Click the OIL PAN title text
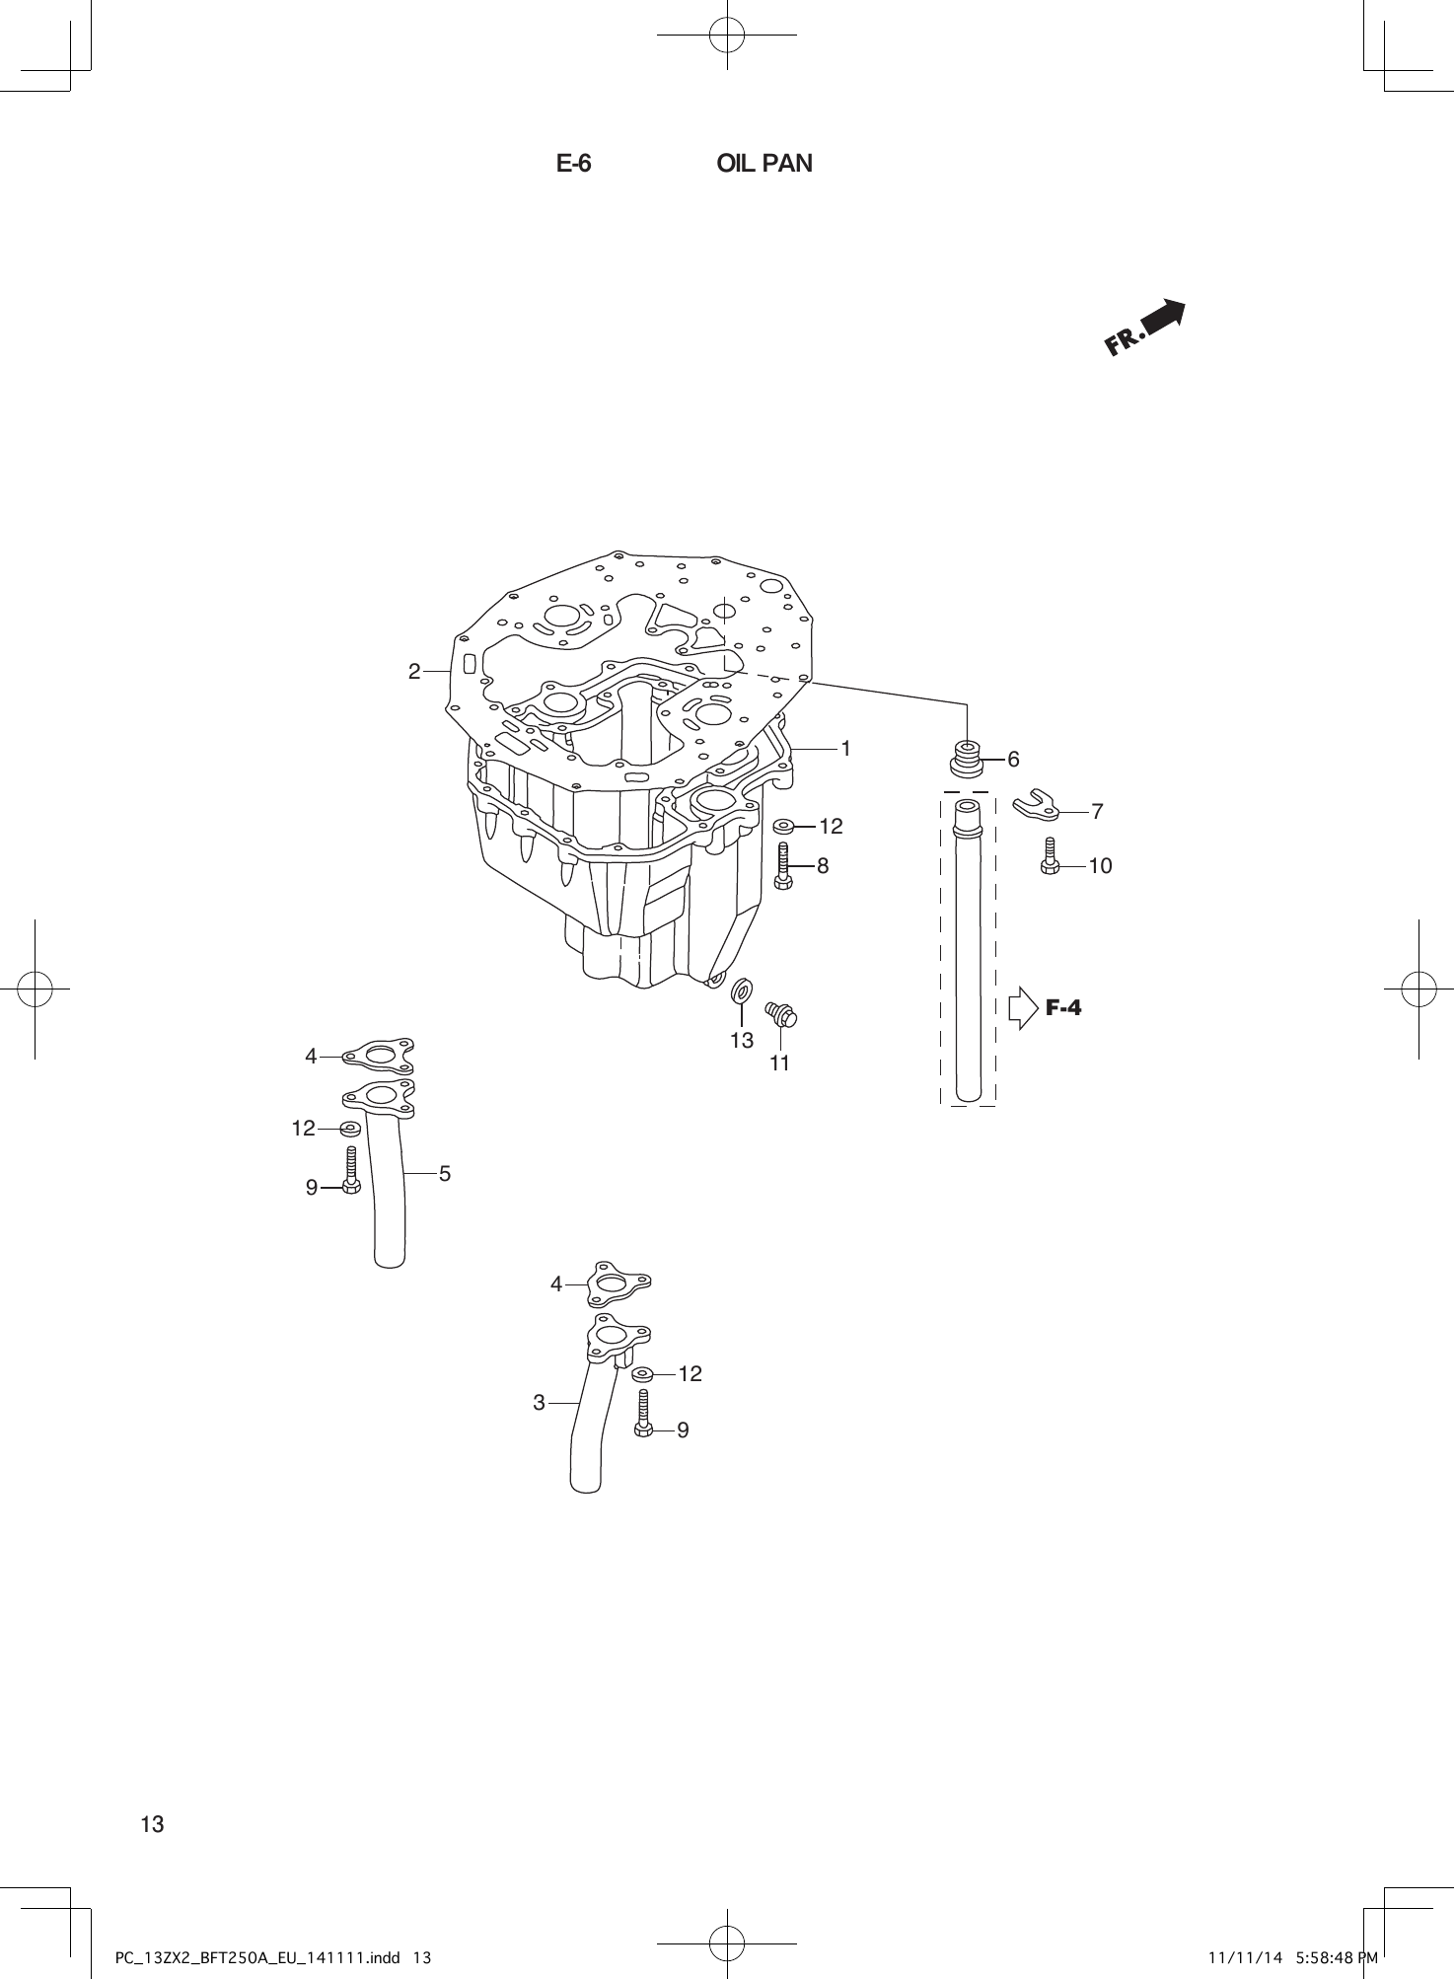click(764, 164)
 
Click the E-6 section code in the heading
click(573, 164)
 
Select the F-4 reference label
click(1063, 1007)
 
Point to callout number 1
click(845, 749)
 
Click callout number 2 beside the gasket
click(414, 672)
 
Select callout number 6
click(1013, 760)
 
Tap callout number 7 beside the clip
click(1097, 812)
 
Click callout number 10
click(1100, 866)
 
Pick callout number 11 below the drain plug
click(779, 1063)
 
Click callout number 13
click(742, 1040)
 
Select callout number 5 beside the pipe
click(445, 1173)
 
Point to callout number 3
click(539, 1402)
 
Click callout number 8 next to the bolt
click(823, 866)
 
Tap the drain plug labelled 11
click(782, 1012)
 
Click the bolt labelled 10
click(1050, 856)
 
